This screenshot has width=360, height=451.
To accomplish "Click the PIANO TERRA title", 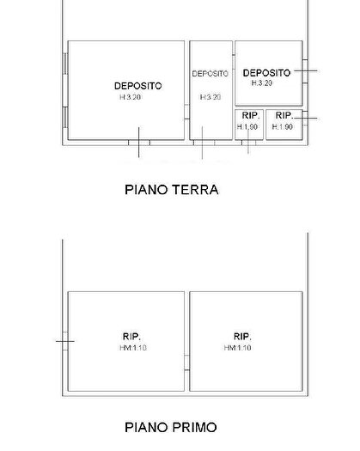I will click(x=172, y=190).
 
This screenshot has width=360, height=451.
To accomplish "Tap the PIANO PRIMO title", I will click(x=171, y=427).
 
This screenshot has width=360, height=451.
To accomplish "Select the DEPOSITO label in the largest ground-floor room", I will click(x=137, y=86).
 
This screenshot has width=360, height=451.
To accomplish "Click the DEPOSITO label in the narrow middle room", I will click(x=211, y=74).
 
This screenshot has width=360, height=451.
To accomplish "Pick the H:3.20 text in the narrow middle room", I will click(x=211, y=97).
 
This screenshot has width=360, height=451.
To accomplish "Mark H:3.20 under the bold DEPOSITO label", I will click(x=262, y=83).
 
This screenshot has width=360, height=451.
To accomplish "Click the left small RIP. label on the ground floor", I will click(x=250, y=115).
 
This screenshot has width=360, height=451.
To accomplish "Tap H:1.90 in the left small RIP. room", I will click(x=247, y=126).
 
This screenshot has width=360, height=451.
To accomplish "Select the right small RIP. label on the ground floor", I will click(x=284, y=115).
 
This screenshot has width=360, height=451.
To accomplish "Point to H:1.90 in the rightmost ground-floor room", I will click(x=283, y=126).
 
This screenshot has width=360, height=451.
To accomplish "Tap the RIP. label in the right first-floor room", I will click(x=241, y=336).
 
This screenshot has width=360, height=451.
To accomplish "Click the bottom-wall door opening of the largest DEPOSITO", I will click(x=138, y=143).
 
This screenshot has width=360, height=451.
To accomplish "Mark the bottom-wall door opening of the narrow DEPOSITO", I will click(x=202, y=143).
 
